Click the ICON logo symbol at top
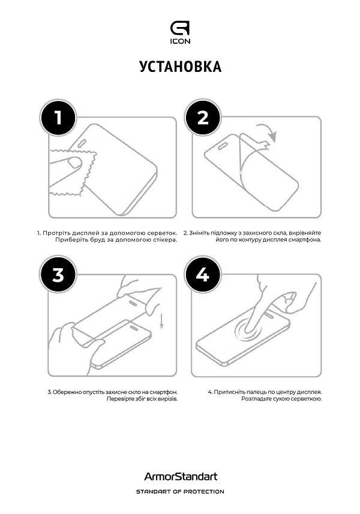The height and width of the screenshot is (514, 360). [x=180, y=28]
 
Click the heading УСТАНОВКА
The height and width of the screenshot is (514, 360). [x=180, y=67]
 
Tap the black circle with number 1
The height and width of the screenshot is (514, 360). [x=58, y=118]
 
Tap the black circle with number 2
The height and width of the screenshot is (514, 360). [x=203, y=118]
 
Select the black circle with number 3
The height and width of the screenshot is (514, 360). [x=58, y=275]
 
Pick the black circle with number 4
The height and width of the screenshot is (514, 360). [x=203, y=275]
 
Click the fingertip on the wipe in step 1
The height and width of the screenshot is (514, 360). [x=74, y=163]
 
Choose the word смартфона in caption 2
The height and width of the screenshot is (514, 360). [x=306, y=240]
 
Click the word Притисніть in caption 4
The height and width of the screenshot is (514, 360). [x=227, y=392]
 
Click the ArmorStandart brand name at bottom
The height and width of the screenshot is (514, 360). [x=180, y=477]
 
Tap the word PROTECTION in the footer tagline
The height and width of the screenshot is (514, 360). [x=203, y=492]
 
